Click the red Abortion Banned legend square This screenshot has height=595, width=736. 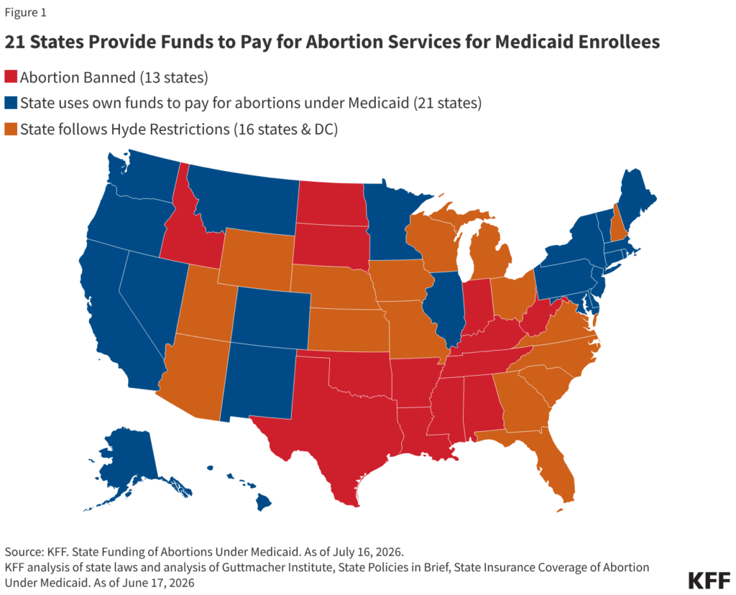point(11,76)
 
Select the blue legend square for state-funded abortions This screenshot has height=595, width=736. point(11,102)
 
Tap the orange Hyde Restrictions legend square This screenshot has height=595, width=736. point(11,129)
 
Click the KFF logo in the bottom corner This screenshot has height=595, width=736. point(709,581)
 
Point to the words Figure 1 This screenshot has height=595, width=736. point(25,13)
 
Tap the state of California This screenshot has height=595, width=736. point(117,319)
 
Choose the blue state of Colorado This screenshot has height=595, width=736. point(271,318)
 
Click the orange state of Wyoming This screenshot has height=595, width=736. point(257,259)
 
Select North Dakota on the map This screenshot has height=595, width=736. point(331,203)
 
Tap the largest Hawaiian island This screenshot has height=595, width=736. point(263,503)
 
